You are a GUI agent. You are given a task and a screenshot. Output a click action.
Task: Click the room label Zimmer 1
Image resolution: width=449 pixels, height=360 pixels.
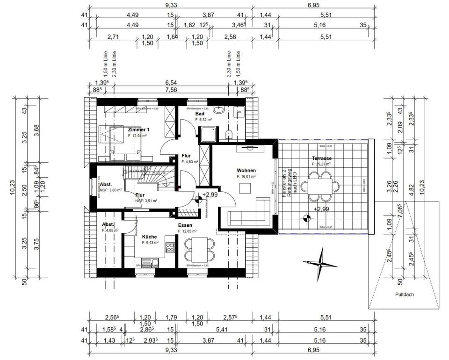pyautogui.click(x=138, y=130)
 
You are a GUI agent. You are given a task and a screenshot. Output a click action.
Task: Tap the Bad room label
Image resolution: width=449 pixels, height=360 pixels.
pyautogui.click(x=200, y=114)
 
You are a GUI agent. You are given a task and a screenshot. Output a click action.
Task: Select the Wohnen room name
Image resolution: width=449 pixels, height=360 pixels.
pyautogui.click(x=246, y=171)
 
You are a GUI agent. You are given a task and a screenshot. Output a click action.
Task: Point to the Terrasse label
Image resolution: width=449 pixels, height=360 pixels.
pyautogui.click(x=322, y=158)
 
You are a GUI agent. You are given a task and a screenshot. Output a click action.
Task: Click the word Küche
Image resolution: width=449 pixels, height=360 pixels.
pyautogui.click(x=150, y=237)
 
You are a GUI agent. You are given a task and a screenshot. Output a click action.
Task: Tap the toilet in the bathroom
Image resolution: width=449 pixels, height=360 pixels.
pyautogui.click(x=228, y=135)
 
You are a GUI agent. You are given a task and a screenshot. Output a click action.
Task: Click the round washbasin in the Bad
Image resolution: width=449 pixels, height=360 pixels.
pyautogui.click(x=219, y=110)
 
